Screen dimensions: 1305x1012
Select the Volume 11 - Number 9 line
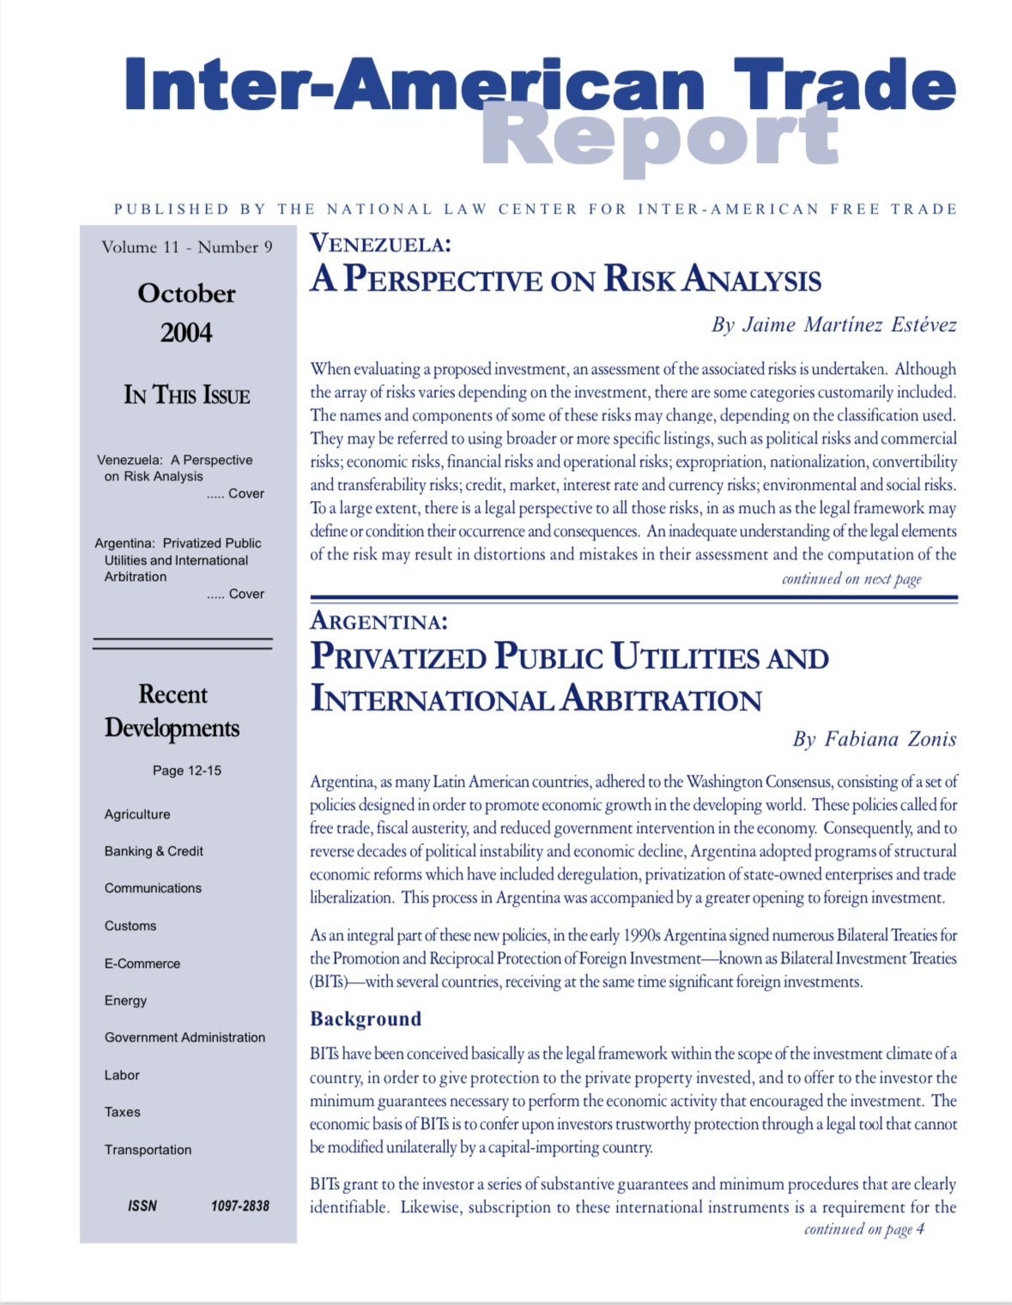(187, 247)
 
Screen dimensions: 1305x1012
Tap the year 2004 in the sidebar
(186, 333)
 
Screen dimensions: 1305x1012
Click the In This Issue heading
(187, 395)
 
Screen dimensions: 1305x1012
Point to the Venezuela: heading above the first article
(380, 244)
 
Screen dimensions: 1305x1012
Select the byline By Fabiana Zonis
(874, 740)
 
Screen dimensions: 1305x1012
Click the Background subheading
(366, 1018)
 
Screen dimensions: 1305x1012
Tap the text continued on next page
(851, 579)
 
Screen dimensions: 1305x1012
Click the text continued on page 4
(864, 1229)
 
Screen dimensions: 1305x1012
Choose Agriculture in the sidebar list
(137, 814)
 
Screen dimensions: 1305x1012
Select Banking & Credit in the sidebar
(154, 851)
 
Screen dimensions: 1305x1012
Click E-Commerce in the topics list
(142, 964)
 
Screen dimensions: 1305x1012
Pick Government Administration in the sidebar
(185, 1037)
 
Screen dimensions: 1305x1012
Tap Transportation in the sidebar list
(148, 1150)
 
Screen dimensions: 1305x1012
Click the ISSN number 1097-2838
(240, 1205)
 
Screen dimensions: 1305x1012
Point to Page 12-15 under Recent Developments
(187, 770)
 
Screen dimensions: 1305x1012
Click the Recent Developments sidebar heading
(173, 710)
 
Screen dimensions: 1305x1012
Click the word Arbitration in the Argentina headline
(661, 699)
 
